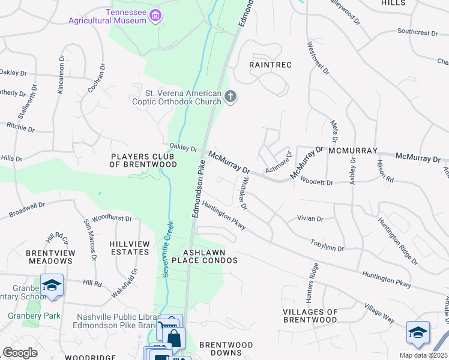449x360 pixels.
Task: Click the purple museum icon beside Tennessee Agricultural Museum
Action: click(155, 15)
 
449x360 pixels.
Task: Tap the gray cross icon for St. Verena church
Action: click(230, 97)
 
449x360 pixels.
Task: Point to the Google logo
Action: click(20, 353)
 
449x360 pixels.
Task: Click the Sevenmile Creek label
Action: click(167, 249)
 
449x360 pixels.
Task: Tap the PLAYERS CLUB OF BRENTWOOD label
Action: click(143, 160)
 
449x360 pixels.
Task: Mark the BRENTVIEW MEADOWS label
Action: click(51, 257)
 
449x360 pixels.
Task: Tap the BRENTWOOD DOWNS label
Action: click(226, 349)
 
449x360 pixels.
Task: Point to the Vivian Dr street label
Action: click(310, 219)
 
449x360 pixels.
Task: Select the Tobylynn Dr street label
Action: click(327, 245)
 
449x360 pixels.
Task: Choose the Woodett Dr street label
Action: click(316, 182)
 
